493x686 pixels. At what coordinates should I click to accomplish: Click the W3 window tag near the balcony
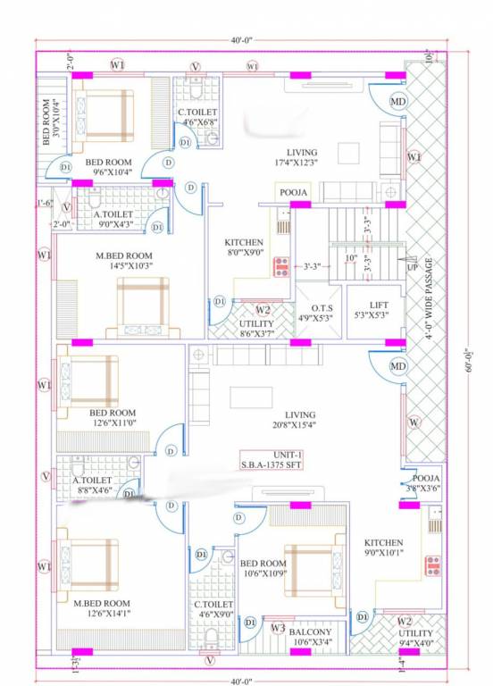coord(278,629)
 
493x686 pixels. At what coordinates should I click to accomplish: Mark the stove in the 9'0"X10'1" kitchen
coord(432,565)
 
